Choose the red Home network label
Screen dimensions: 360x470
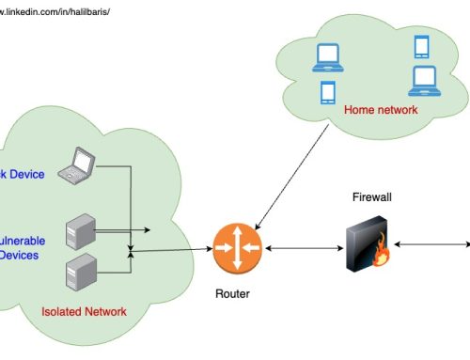click(381, 110)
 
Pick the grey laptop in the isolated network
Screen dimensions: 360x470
click(75, 165)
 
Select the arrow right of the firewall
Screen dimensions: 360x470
click(431, 244)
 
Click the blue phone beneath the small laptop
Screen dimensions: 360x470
click(328, 92)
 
